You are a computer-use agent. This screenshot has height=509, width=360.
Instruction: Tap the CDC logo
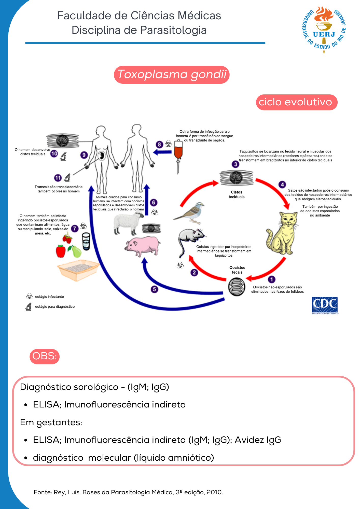coord(325,305)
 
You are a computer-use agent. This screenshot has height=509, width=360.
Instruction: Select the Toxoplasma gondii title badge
coord(172,75)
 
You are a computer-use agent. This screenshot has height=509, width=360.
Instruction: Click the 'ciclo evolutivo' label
coord(297,102)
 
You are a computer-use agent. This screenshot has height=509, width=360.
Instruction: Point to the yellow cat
coord(283,233)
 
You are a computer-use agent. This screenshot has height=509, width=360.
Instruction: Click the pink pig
coord(143,246)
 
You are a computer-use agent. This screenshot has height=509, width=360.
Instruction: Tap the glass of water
coord(86,241)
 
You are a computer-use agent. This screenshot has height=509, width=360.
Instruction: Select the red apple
coord(61,251)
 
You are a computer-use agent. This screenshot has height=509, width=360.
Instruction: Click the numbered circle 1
coord(272,279)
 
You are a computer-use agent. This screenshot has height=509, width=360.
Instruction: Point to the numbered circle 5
coord(154,289)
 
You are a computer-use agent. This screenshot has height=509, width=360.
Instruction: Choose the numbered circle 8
coord(159,145)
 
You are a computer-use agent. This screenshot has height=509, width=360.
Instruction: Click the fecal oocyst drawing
coord(237,287)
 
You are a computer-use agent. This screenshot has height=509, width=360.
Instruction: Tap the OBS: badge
coord(45,356)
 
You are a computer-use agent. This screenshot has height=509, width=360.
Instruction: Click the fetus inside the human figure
coord(102,155)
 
